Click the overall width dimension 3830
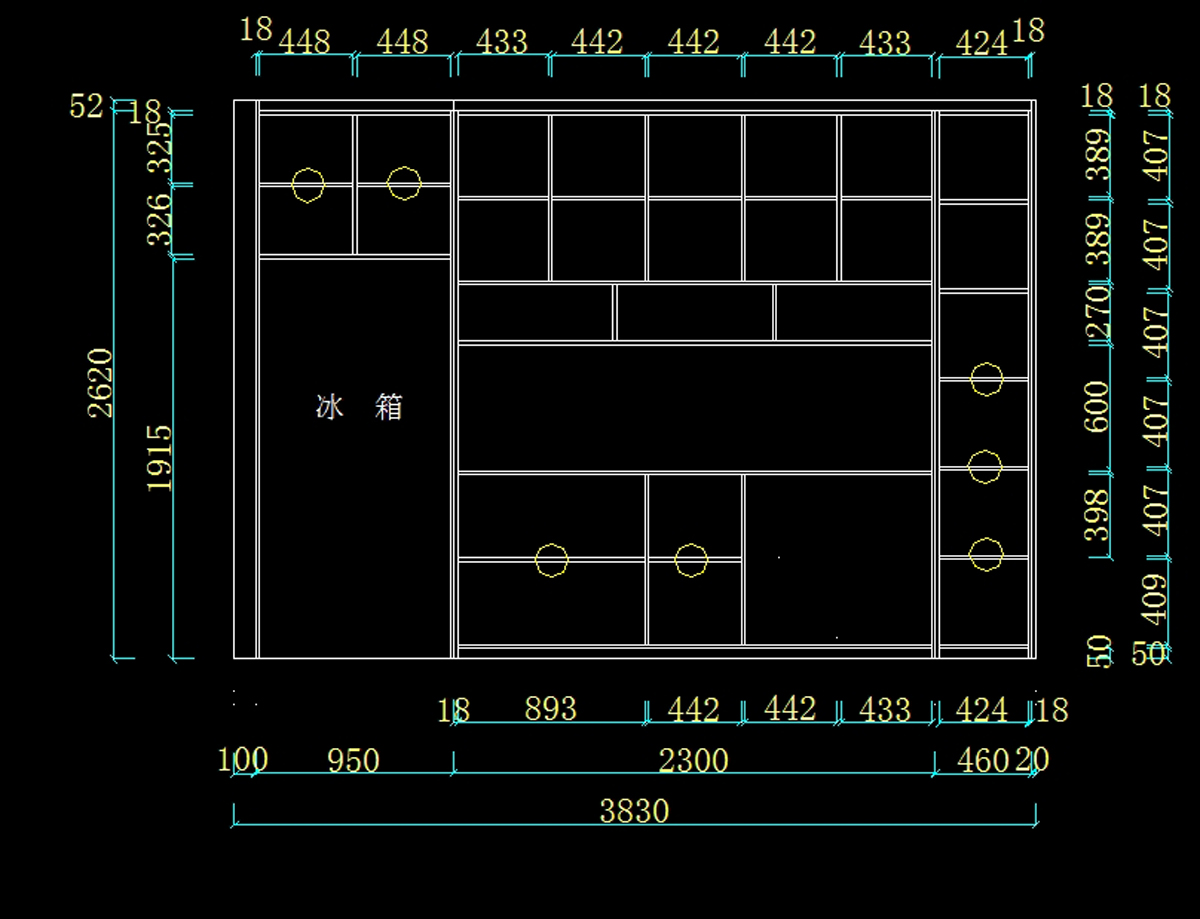[634, 811]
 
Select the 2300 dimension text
[693, 761]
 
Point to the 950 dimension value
[354, 761]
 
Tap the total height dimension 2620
[101, 382]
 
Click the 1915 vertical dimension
[160, 457]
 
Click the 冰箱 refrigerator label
[359, 407]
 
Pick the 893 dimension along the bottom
[550, 708]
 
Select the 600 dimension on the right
[1097, 406]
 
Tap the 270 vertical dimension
[1098, 313]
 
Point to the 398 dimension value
[1098, 513]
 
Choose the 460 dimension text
[982, 761]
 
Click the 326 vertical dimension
[160, 220]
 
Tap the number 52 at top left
[86, 106]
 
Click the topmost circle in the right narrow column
[986, 379]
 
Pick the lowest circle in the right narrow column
[986, 554]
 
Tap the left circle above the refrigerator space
[308, 185]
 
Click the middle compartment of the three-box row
[694, 312]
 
